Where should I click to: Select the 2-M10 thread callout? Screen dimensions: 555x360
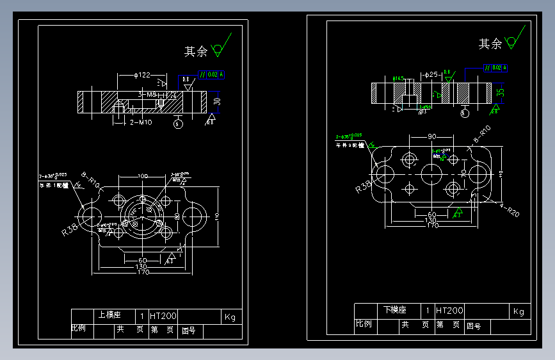tap(140, 122)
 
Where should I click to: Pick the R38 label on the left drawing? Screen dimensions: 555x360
tap(71, 229)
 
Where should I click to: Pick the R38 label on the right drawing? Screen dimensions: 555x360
tap(364, 186)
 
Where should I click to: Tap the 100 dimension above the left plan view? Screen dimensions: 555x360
tap(142, 176)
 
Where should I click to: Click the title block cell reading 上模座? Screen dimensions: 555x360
tap(107, 316)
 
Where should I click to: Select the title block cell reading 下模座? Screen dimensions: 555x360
tap(394, 310)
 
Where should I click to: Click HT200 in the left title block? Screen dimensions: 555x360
tap(163, 316)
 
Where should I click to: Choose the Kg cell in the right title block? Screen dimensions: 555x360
tap(519, 311)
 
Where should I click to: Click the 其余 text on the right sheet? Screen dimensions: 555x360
tap(490, 44)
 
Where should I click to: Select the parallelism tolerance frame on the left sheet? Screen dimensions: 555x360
tap(212, 74)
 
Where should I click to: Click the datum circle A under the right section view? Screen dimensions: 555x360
tap(464, 113)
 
